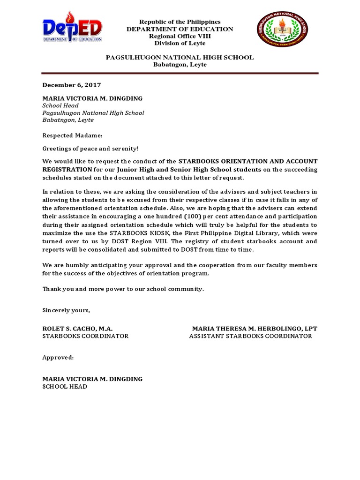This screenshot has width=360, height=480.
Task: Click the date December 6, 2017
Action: [72, 85]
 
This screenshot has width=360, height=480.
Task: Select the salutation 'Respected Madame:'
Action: [72, 135]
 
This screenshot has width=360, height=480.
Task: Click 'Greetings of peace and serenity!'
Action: [90, 149]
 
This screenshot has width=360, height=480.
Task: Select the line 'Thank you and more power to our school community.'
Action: [123, 289]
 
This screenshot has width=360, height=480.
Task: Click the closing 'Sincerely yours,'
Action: [66, 310]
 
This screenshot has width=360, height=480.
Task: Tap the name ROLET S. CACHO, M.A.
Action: [77, 328]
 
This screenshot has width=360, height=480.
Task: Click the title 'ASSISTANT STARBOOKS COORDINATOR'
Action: [250, 336]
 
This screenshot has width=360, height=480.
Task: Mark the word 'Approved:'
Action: [58, 357]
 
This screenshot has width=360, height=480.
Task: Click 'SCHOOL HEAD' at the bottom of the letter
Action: [65, 387]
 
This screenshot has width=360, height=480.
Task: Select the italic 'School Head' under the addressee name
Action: [60, 105]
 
